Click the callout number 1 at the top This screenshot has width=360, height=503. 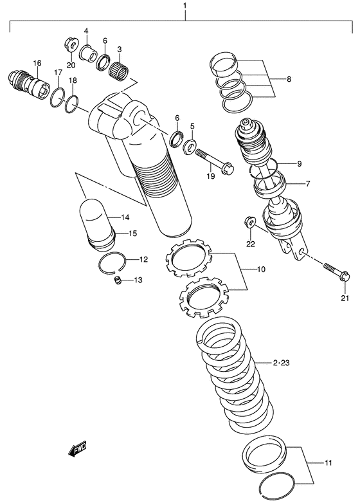click(x=184, y=8)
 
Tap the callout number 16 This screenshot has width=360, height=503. click(x=37, y=62)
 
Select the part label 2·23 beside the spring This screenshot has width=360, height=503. click(x=280, y=365)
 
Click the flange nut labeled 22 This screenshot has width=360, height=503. click(x=249, y=223)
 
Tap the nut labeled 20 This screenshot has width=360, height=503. click(x=69, y=44)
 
